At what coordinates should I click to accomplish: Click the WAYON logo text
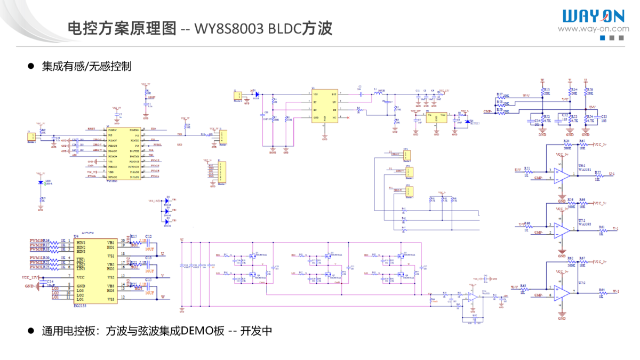click(593, 16)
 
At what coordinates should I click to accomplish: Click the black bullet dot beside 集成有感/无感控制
click(31, 66)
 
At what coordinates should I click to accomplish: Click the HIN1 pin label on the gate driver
click(81, 243)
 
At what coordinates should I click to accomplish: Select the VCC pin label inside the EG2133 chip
click(81, 278)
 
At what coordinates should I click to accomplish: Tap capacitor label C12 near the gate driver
click(148, 236)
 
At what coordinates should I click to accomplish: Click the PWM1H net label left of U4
click(37, 241)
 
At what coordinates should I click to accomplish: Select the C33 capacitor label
click(604, 116)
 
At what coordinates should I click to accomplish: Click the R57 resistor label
click(500, 94)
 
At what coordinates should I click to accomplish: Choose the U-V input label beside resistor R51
click(517, 171)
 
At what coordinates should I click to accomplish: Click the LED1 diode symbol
click(41, 182)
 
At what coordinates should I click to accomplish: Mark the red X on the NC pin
click(348, 117)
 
